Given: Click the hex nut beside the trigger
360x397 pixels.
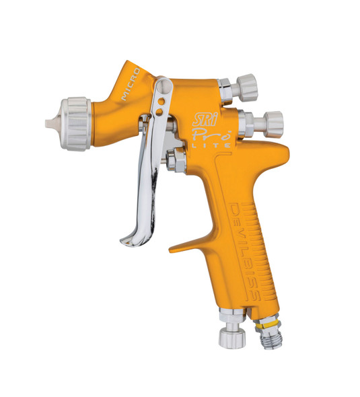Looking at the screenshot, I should coord(179,161).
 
